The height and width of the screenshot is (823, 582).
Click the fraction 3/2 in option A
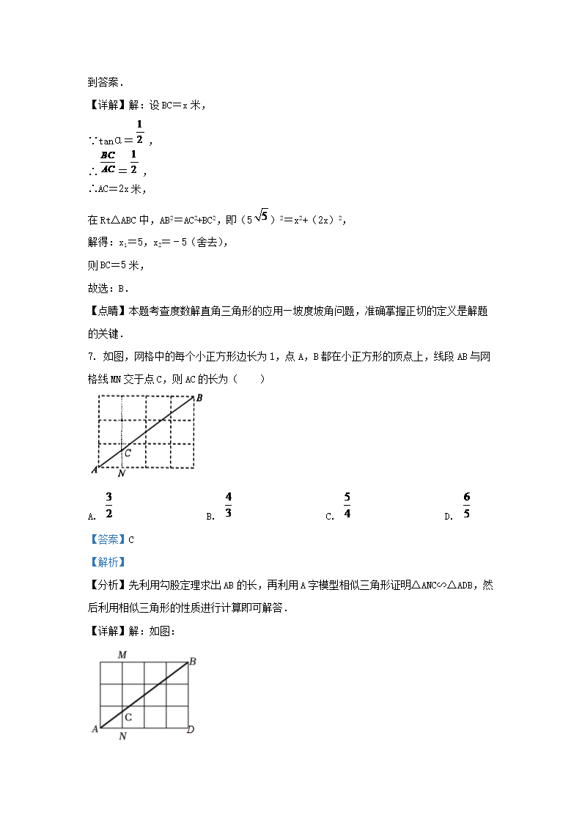pos(108,506)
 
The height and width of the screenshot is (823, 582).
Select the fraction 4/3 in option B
pos(228,506)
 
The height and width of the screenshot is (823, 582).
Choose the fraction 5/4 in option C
pos(347,506)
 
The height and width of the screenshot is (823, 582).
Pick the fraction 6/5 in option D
pos(466,506)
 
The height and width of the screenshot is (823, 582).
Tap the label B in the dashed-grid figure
pos(199,398)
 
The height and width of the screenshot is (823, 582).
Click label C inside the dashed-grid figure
pos(127,454)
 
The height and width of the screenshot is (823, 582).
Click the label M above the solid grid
pos(122,654)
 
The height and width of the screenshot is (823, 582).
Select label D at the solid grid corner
pos(191,729)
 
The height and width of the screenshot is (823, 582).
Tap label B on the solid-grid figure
pos(192,662)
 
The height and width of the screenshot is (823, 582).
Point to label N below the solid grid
pos(122,736)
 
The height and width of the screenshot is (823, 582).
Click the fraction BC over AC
pos(108,162)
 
